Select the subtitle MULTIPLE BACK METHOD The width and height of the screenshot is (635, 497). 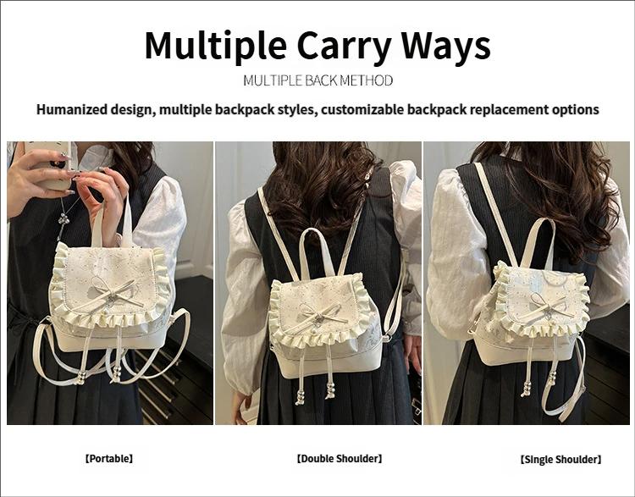[x=317, y=80]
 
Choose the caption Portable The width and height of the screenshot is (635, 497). [x=108, y=458]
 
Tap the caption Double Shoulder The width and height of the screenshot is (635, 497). [x=339, y=458]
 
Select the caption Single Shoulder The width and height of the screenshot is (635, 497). [x=560, y=459]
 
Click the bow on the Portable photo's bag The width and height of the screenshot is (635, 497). [x=112, y=290]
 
